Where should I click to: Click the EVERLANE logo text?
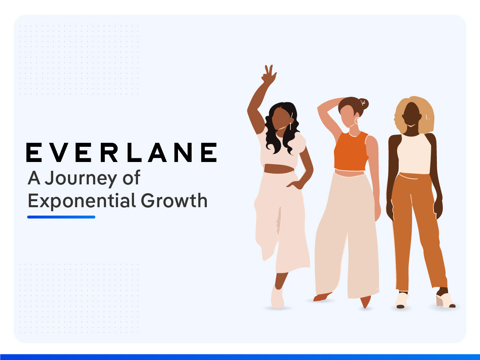click(x=121, y=152)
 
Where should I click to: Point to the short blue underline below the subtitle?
click(x=61, y=217)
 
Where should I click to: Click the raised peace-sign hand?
click(x=269, y=74)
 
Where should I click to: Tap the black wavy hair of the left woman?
click(x=276, y=132)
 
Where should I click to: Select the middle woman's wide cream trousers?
click(x=346, y=236)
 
